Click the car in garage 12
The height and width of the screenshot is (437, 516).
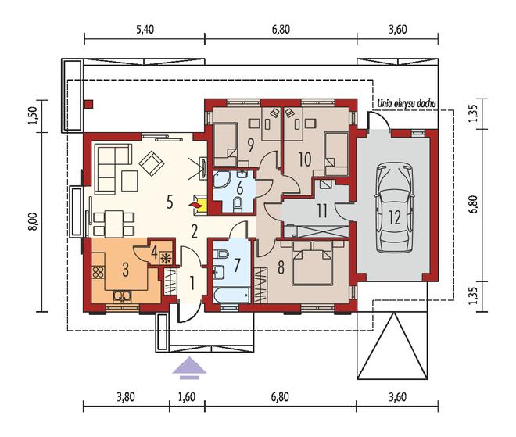click(x=394, y=209)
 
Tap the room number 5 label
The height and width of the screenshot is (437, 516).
click(x=170, y=202)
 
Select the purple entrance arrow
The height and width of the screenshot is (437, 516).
click(x=189, y=368)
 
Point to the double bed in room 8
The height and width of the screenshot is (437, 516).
click(x=312, y=263)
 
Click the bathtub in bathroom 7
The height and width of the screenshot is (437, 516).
click(x=231, y=296)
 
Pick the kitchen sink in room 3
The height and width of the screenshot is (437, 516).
click(x=122, y=297)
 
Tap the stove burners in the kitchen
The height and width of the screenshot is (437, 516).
click(x=99, y=272)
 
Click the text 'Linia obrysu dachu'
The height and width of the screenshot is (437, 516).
click(x=406, y=103)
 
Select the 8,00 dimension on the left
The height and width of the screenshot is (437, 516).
click(x=34, y=222)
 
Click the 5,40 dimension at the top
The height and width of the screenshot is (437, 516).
click(x=145, y=30)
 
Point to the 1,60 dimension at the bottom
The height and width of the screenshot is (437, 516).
click(x=187, y=397)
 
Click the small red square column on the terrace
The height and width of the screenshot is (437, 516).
click(x=89, y=104)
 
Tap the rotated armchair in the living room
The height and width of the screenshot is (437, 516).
click(x=152, y=163)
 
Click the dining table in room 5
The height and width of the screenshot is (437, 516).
click(x=114, y=224)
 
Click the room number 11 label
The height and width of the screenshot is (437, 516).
click(x=321, y=211)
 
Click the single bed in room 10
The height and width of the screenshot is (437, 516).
click(x=336, y=154)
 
